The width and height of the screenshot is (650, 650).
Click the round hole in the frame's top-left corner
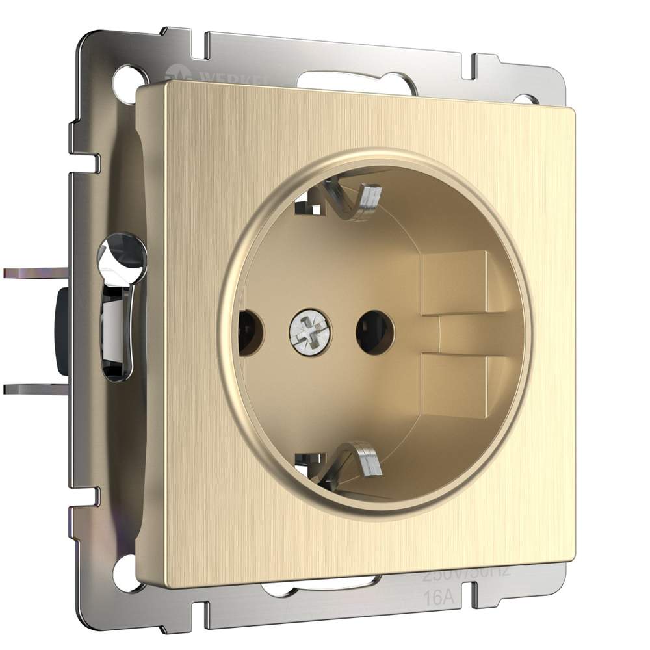(123, 84)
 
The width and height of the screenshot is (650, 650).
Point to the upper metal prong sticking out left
(32, 273)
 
